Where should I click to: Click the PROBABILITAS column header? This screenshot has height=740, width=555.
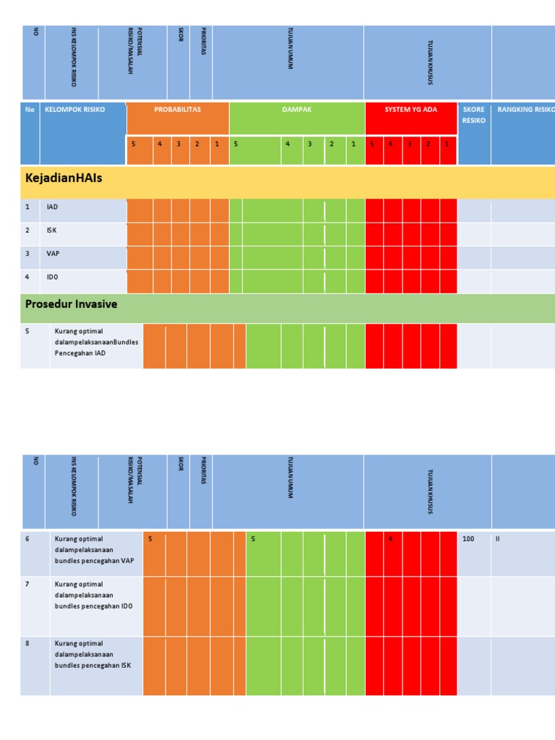tap(177, 110)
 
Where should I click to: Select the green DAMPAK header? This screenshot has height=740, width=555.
tap(297, 110)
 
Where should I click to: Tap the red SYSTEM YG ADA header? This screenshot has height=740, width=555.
tap(410, 110)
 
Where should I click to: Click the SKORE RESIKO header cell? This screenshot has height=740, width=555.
tap(473, 115)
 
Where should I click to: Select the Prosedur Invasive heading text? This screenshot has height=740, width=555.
tap(71, 304)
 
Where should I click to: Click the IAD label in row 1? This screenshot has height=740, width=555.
tap(52, 207)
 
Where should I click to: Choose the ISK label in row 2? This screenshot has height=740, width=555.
tap(52, 231)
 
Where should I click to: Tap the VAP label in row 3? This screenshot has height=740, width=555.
tap(53, 254)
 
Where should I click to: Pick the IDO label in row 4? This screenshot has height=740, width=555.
tap(53, 277)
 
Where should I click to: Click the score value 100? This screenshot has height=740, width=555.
tap(468, 539)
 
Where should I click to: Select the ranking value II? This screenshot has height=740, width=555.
tap(498, 539)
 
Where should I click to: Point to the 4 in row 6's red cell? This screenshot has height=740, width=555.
tap(391, 539)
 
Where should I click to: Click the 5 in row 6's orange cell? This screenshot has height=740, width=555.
tap(150, 539)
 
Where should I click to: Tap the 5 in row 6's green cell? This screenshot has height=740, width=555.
tap(252, 539)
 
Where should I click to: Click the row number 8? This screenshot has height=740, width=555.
tap(27, 643)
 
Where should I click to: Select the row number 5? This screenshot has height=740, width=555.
tap(27, 331)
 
